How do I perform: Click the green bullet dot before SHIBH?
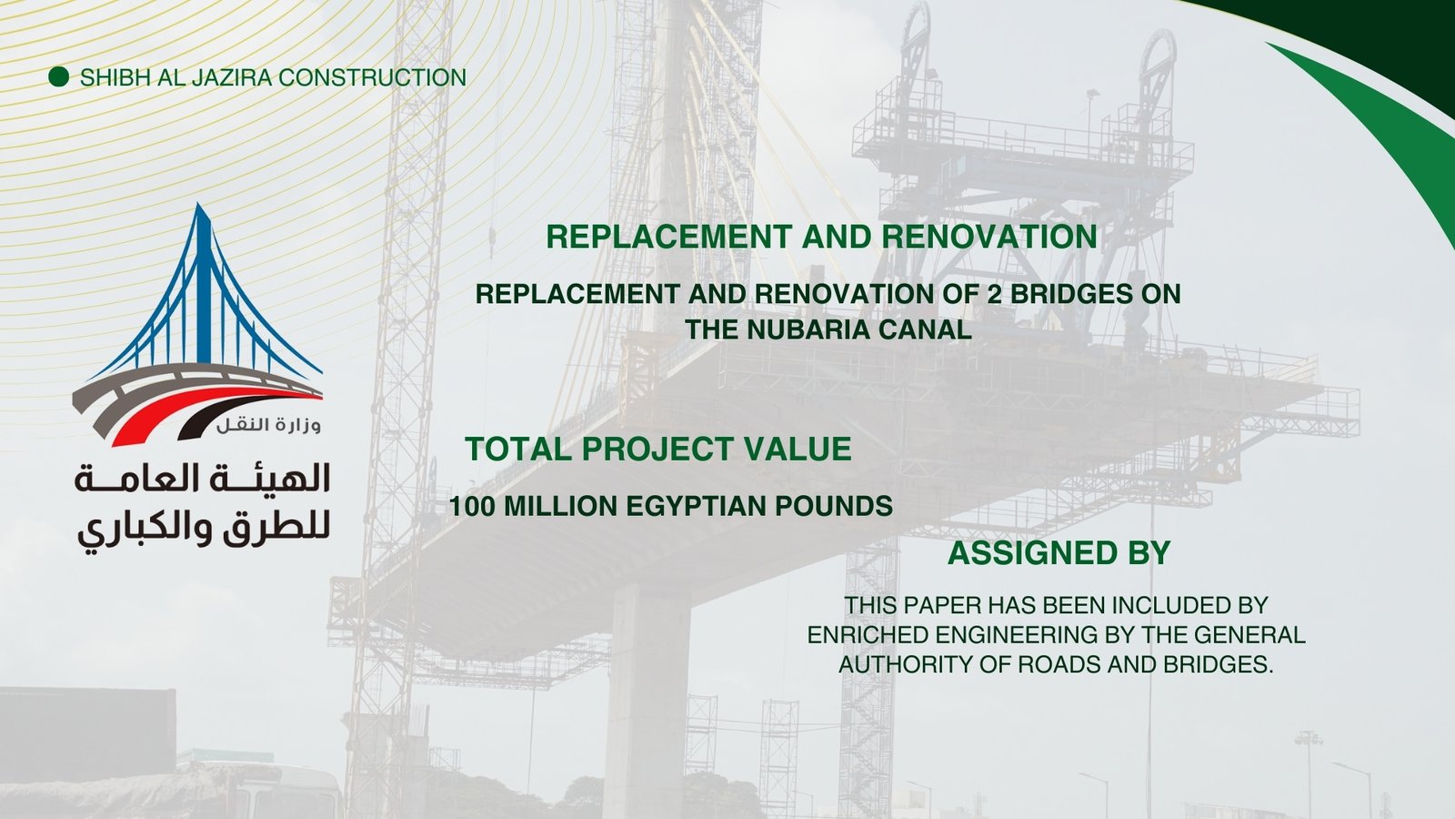[x=58, y=76]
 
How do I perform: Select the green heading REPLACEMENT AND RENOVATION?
[x=821, y=237]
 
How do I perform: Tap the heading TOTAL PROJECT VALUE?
[x=658, y=450]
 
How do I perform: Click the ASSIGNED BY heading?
[x=1059, y=553]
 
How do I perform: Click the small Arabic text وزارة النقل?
[x=269, y=425]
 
